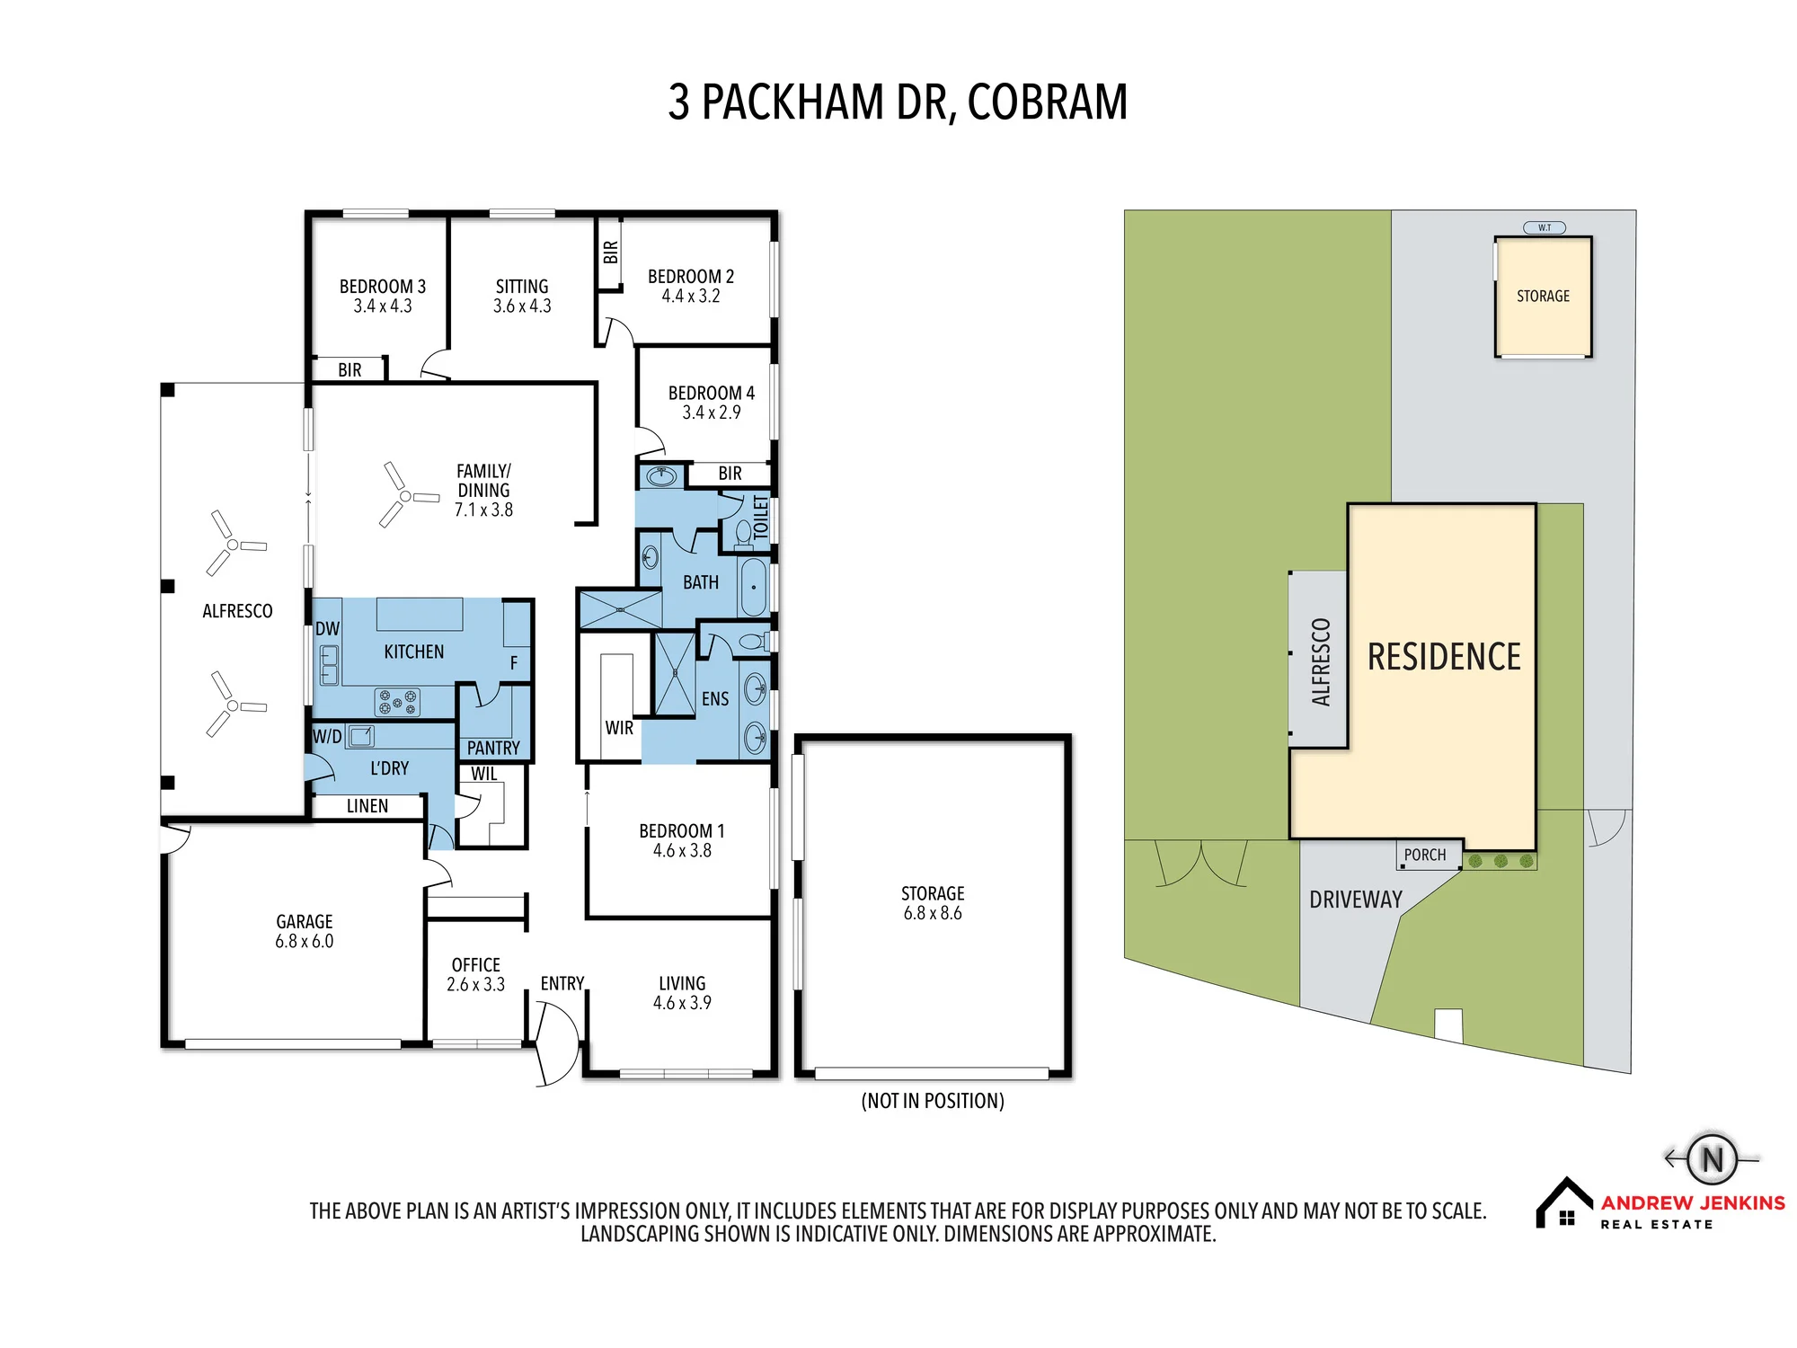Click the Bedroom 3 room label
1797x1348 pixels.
click(x=383, y=287)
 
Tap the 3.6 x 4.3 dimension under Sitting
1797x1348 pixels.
click(x=522, y=306)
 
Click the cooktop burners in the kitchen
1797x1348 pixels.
click(x=397, y=702)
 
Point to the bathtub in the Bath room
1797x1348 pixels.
click(x=754, y=587)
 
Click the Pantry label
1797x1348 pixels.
click(x=493, y=748)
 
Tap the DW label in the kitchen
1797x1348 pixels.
click(x=327, y=629)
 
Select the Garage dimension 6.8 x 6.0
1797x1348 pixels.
click(x=305, y=942)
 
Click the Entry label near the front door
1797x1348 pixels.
click(x=562, y=984)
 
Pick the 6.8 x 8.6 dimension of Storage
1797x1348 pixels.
click(x=933, y=914)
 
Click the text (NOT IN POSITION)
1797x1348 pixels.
click(x=933, y=1101)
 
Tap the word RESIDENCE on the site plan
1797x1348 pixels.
click(x=1444, y=657)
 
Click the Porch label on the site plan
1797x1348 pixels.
click(x=1425, y=855)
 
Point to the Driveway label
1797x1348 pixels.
click(x=1356, y=900)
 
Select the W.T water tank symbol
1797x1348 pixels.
click(x=1545, y=227)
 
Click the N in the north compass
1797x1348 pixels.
click(x=1713, y=1159)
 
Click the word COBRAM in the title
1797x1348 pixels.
click(x=1048, y=102)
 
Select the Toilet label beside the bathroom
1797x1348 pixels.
click(x=761, y=518)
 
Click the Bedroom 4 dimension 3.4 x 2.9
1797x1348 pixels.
click(x=712, y=412)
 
